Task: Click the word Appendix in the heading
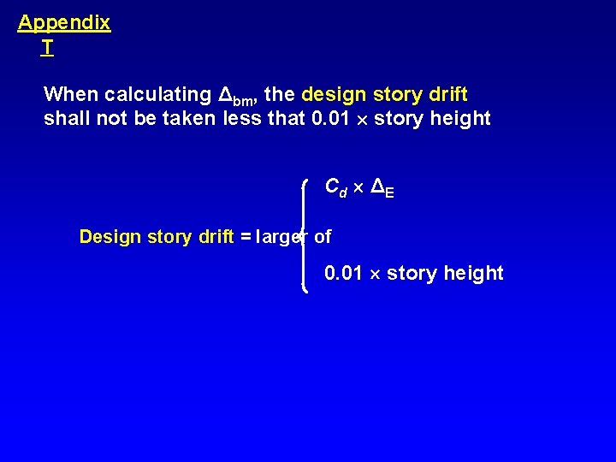click(x=64, y=23)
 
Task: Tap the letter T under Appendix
click(x=46, y=49)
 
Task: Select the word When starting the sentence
click(x=71, y=93)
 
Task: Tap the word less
click(x=242, y=119)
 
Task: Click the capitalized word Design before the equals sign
click(x=110, y=237)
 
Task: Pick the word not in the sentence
click(x=111, y=119)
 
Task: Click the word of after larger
click(x=323, y=237)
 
